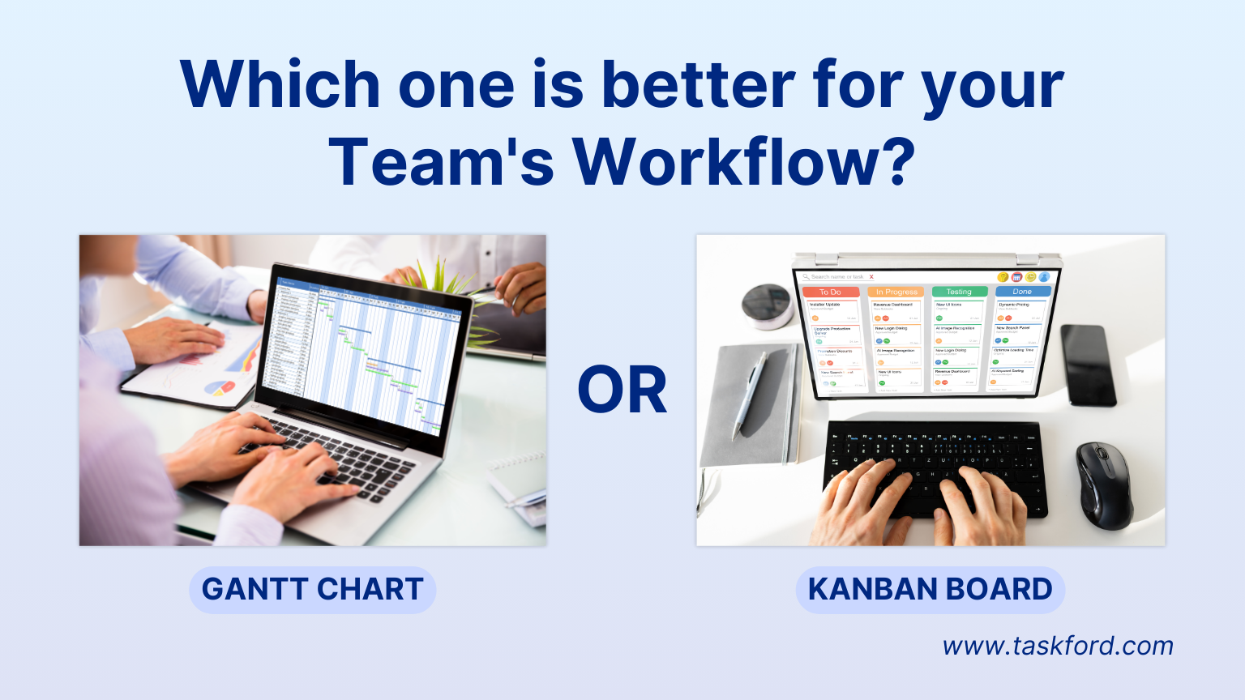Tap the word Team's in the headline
click(x=441, y=162)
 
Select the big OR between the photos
click(x=622, y=391)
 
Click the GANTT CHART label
click(x=312, y=589)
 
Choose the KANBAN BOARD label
click(x=930, y=589)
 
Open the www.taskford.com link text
click(x=1057, y=646)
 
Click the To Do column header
click(x=830, y=292)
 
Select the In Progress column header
click(x=896, y=292)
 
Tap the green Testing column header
click(x=959, y=292)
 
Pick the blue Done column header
click(x=1022, y=291)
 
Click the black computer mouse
click(x=1103, y=484)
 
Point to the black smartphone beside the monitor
click(x=1088, y=365)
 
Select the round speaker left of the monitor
click(x=766, y=304)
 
